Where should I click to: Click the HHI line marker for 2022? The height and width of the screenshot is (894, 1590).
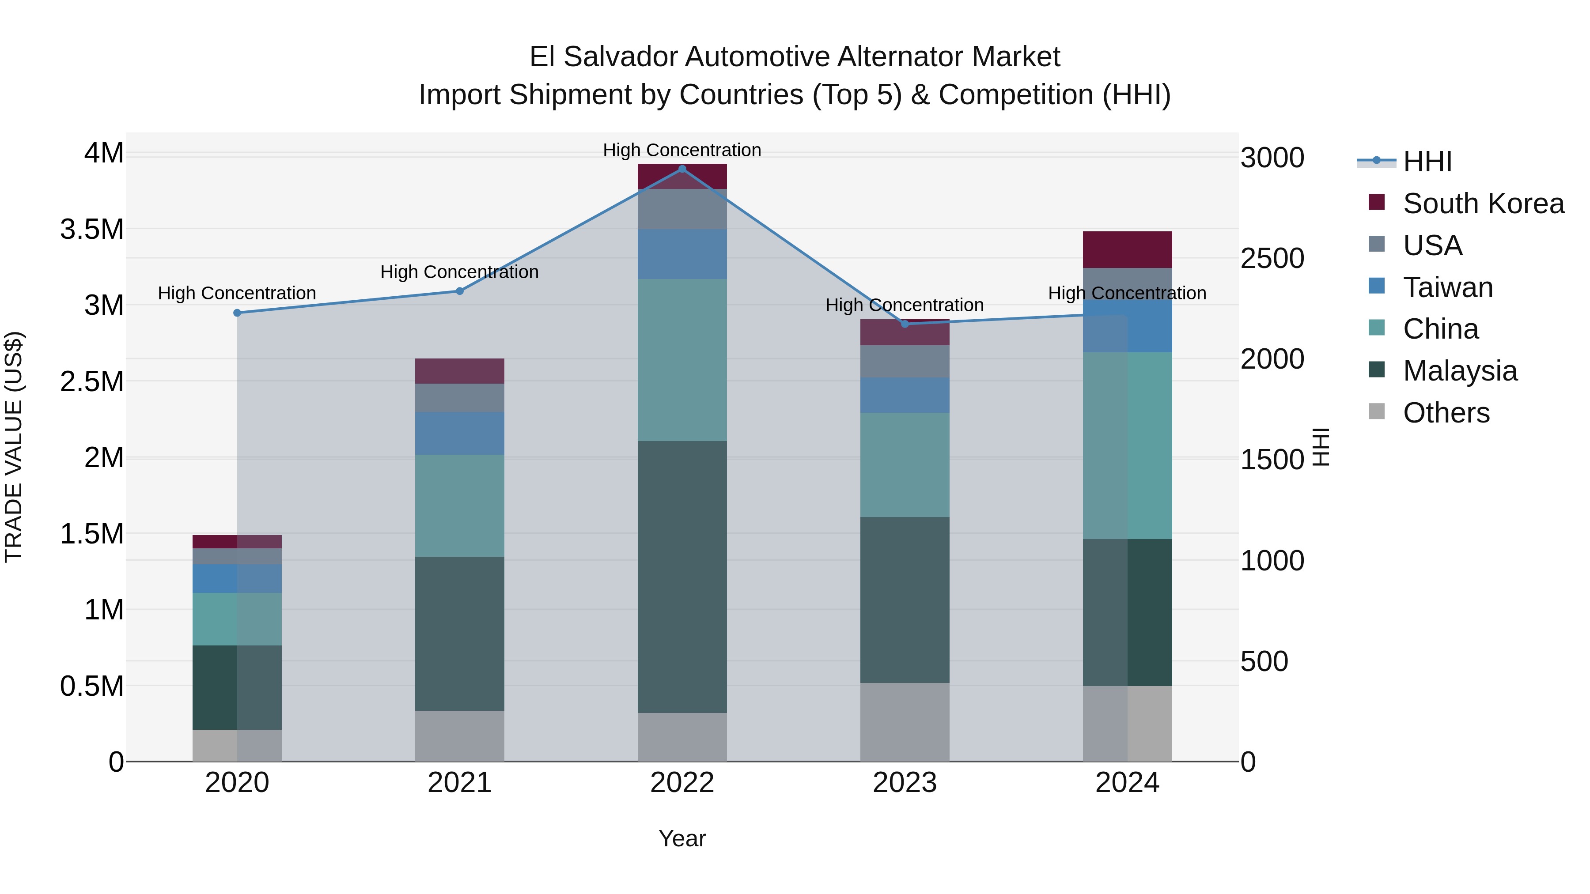tap(682, 169)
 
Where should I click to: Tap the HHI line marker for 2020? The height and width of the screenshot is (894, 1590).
tap(237, 313)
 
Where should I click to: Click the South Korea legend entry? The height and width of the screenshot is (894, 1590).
tap(1483, 204)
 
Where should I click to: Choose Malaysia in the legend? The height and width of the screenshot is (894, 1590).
tap(1460, 371)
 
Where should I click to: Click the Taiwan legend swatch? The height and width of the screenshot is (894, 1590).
tap(1376, 286)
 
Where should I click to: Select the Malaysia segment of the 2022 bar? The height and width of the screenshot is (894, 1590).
tap(682, 577)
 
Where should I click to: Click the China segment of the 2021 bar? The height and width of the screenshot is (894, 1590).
tap(459, 506)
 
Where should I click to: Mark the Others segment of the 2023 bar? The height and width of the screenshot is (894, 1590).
tap(905, 722)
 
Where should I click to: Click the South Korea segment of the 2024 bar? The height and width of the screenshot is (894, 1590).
tap(1127, 250)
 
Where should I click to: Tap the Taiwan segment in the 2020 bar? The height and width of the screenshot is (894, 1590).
tap(237, 579)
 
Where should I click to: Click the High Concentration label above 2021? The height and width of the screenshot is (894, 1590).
tap(459, 272)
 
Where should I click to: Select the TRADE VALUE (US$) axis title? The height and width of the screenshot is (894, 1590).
tap(14, 447)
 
